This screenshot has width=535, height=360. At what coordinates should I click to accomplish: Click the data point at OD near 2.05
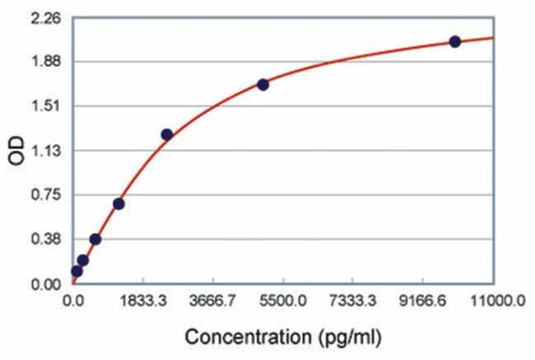coord(455,41)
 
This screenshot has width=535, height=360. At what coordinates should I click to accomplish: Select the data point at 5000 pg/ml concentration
coord(263,84)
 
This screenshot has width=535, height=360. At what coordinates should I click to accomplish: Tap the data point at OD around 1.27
coord(166,134)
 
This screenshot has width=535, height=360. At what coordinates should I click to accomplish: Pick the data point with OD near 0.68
coord(119,203)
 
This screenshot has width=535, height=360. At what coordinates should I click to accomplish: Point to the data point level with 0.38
coord(95,239)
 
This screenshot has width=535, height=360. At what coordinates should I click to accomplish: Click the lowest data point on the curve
coord(77,271)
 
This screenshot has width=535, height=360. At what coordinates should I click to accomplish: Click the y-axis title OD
coord(17,152)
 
